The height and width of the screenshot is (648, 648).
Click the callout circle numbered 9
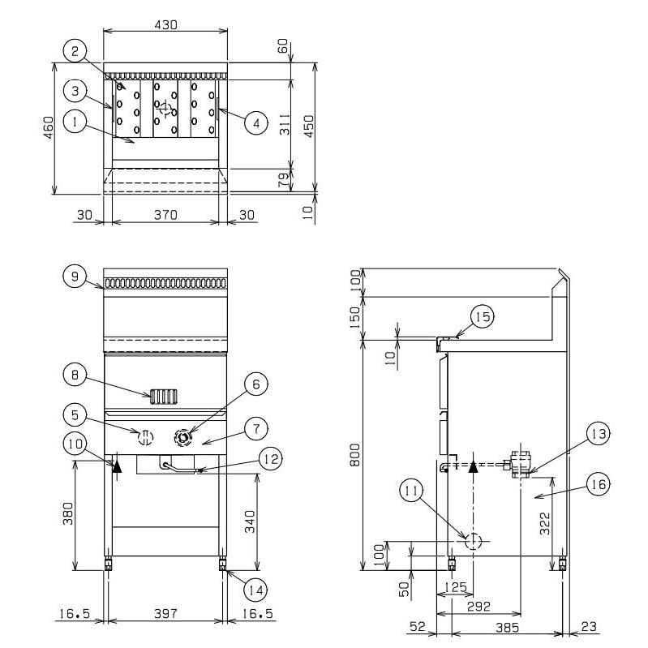[75, 276]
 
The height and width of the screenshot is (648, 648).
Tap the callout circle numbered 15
[483, 316]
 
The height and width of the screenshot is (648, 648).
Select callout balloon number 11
[411, 491]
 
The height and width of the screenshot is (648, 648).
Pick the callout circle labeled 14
[255, 590]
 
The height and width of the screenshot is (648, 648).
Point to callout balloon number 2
[75, 51]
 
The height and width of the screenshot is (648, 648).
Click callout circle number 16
[598, 484]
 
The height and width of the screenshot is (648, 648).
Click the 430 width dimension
[165, 25]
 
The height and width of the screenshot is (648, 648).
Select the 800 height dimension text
[355, 455]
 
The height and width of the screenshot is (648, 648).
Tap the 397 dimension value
[165, 614]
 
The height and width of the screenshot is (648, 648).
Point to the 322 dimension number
[545, 523]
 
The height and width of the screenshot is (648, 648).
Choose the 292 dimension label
[478, 607]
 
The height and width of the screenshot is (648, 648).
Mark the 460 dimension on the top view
[49, 127]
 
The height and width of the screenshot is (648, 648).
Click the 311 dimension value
[285, 124]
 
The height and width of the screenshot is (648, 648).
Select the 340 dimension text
[250, 521]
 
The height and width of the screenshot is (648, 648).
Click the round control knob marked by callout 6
[182, 437]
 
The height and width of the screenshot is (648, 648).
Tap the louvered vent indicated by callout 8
[164, 397]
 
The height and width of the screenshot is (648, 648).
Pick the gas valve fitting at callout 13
[519, 465]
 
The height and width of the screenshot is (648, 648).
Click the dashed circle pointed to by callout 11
[474, 541]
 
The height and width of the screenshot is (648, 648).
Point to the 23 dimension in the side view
[589, 627]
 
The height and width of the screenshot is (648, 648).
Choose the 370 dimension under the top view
[165, 215]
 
